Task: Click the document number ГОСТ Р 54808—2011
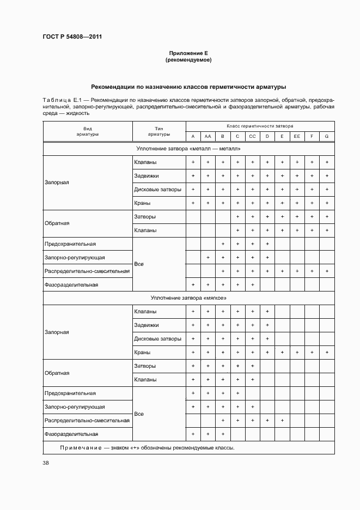pos(72,37)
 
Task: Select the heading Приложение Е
pos(188,53)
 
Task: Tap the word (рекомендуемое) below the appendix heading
pos(188,60)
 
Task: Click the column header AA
pos(208,137)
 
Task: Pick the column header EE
pos(297,137)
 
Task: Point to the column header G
pos(327,137)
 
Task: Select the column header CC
pos(252,137)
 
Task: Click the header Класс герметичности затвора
pos(260,125)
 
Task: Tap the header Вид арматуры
pos(87,131)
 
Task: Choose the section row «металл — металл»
pos(188,149)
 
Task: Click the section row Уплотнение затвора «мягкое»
pos(188,298)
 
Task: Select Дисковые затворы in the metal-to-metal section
pos(158,189)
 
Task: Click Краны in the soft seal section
pos(142,353)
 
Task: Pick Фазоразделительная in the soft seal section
pos(71,434)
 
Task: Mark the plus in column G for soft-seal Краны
pos(327,353)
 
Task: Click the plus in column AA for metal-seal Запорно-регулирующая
pos(208,257)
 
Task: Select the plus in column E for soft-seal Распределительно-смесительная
pos(282,421)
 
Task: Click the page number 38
pos(46,463)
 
